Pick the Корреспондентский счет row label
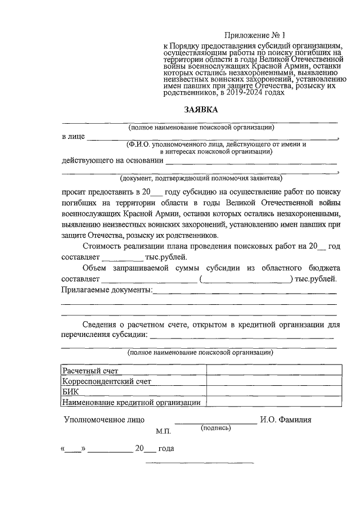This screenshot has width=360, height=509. click(107, 381)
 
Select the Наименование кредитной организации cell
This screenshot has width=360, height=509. click(132, 402)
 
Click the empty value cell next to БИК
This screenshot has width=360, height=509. click(274, 392)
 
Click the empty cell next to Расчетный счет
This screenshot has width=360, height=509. click(274, 371)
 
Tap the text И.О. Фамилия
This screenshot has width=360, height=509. click(285, 420)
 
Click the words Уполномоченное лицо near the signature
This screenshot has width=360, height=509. click(104, 420)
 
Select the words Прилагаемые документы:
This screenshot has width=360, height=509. click(106, 290)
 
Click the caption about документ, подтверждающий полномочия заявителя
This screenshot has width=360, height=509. click(200, 179)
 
